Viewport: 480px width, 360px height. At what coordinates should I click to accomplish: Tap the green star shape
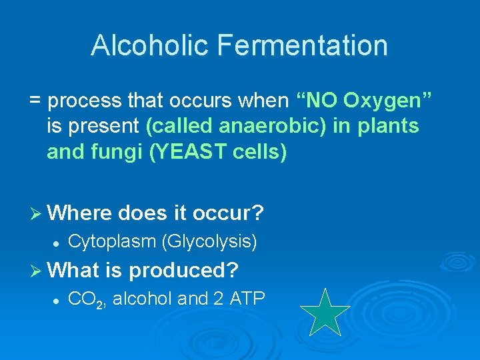[325, 311]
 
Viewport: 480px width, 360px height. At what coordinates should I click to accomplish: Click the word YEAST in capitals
[185, 152]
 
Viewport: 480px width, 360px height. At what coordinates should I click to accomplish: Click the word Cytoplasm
[113, 241]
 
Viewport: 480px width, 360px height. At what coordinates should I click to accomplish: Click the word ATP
[247, 299]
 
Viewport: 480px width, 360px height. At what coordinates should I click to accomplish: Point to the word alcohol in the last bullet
[143, 299]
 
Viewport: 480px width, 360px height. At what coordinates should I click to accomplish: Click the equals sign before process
[35, 101]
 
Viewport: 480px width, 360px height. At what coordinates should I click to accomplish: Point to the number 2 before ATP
[219, 299]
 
